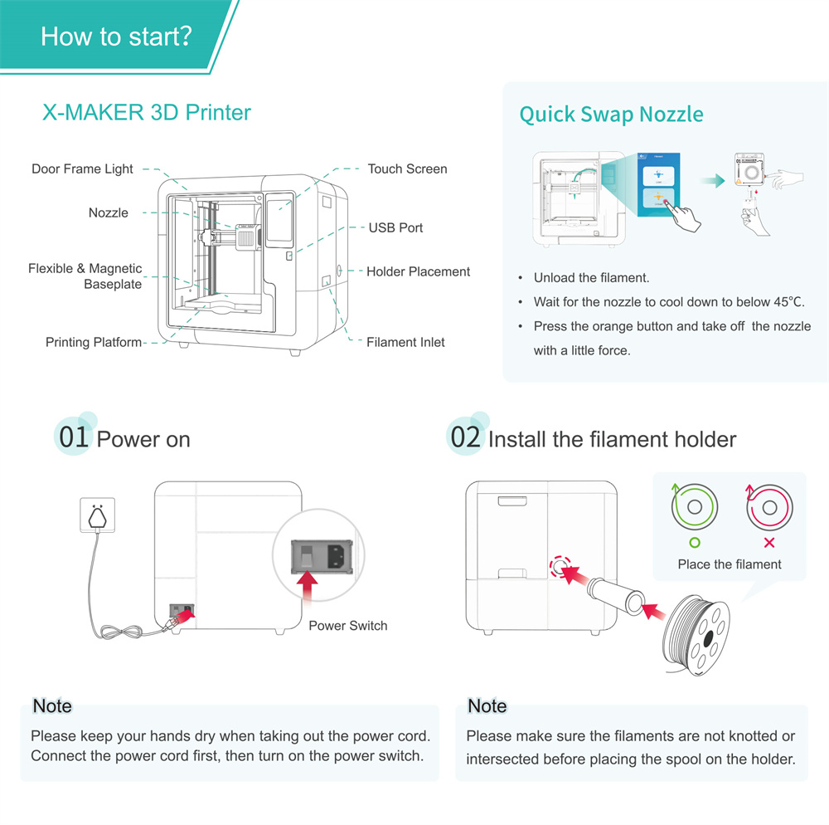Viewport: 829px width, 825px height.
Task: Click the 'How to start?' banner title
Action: coord(116,37)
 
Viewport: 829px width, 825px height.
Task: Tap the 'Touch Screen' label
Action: coord(407,169)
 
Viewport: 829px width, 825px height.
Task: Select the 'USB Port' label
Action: coord(395,227)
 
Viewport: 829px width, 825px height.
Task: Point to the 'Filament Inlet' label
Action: coord(405,342)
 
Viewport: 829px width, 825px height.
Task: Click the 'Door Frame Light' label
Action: coord(82,169)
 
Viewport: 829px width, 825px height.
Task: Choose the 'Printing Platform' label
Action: coord(94,342)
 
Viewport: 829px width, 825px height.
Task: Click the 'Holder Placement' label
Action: coord(418,271)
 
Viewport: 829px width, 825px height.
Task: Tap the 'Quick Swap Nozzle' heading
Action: coord(611,115)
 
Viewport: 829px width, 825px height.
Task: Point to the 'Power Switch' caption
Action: coord(347,626)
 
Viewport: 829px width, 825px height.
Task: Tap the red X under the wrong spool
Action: coord(768,543)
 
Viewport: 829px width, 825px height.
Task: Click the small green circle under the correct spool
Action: coord(695,543)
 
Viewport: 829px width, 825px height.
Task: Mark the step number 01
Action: coord(73,437)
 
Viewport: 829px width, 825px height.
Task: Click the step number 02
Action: coord(465,437)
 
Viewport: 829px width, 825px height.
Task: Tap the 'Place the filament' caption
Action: coord(730,564)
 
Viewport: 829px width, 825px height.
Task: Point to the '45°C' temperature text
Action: coord(786,302)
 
